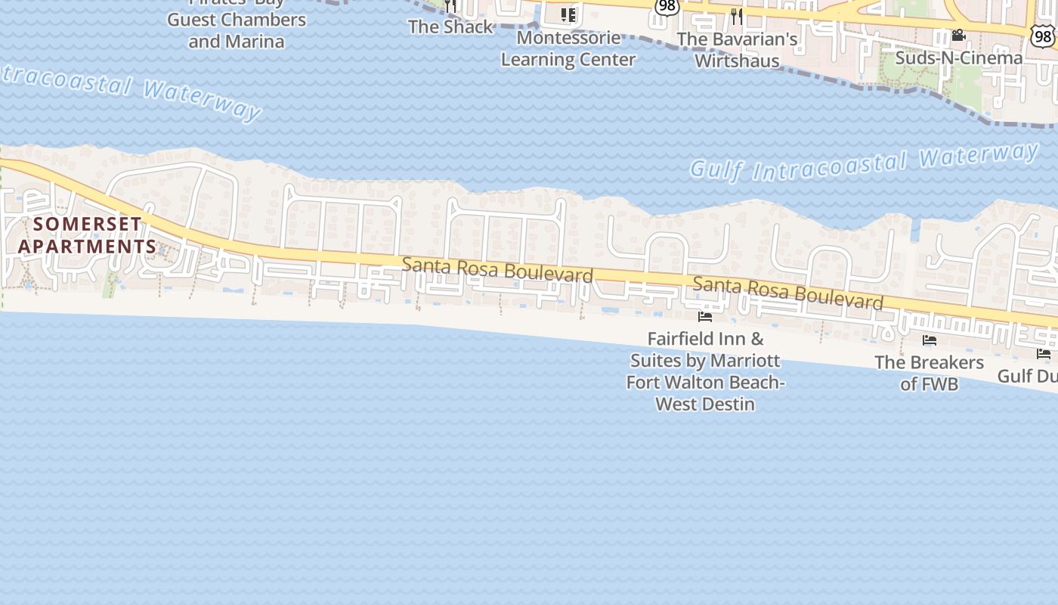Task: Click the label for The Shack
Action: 450,27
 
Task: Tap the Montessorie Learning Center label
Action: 568,48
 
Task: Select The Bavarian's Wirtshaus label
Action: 737,50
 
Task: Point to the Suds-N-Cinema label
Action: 958,58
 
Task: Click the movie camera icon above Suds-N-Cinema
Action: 958,36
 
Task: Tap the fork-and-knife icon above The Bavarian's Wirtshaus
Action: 737,16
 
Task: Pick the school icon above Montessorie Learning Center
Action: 568,15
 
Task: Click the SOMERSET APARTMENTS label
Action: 87,235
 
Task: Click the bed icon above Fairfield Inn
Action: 705,317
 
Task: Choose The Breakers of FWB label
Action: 930,373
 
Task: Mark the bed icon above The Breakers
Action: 930,340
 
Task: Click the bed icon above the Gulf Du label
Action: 1044,354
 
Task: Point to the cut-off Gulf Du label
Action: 1028,376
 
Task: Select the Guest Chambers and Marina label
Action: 237,30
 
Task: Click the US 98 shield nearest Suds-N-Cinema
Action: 1044,35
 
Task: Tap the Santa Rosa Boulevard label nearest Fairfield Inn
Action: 787,294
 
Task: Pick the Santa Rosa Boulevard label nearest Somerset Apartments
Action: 497,270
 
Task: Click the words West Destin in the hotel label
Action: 705,404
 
